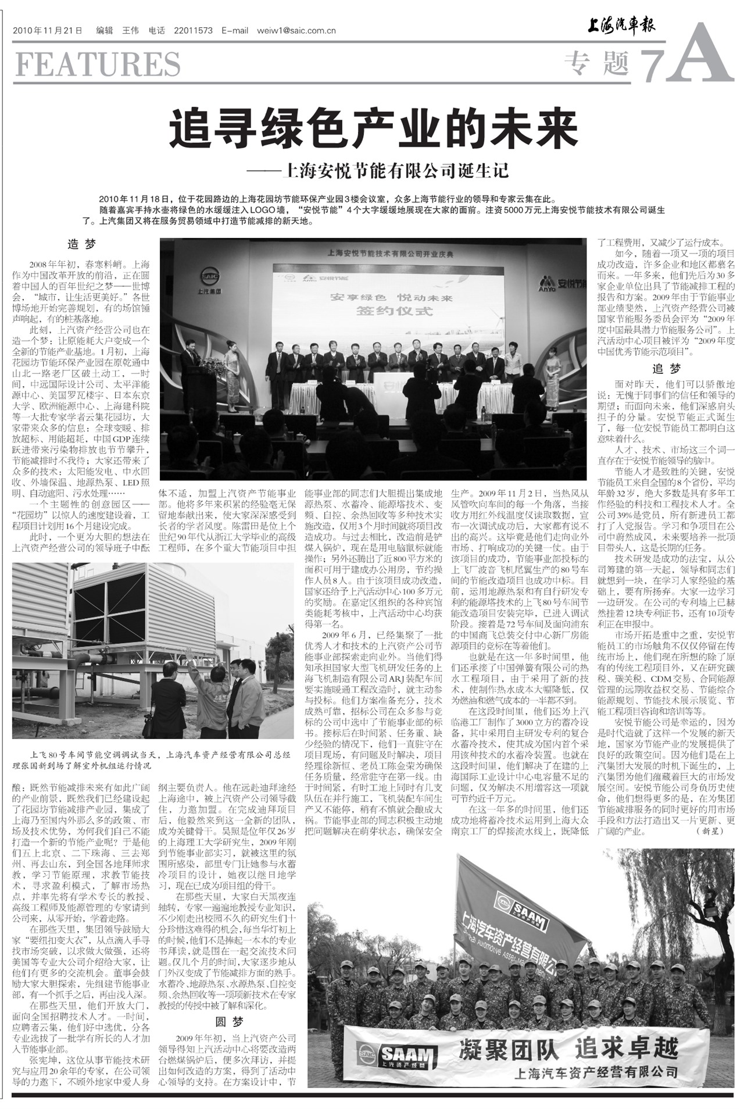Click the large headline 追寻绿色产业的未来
click(374, 129)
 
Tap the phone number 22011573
click(193, 30)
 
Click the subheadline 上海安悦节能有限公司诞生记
click(395, 170)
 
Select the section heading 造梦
click(81, 244)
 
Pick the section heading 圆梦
click(230, 1022)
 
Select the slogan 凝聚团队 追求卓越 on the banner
click(568, 1049)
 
